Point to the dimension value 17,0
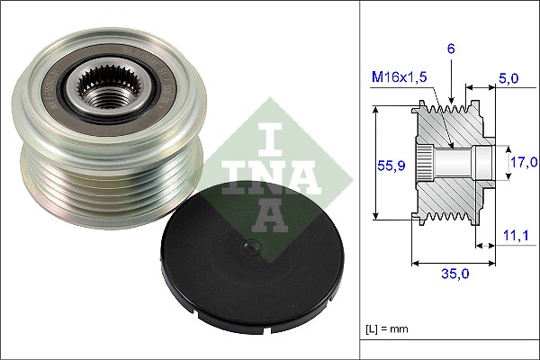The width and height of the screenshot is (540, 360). [x=523, y=162]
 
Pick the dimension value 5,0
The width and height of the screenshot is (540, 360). [x=509, y=78]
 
